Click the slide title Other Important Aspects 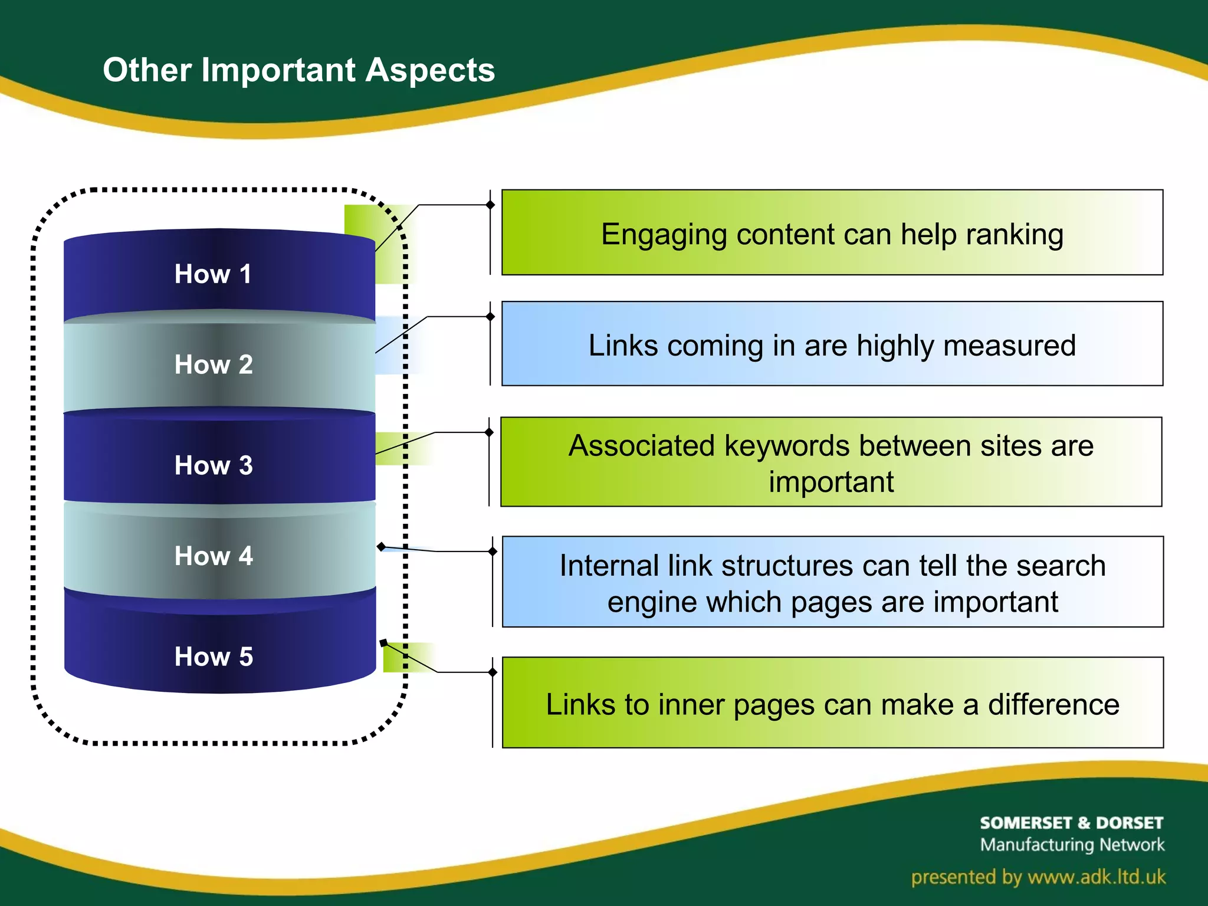pos(298,70)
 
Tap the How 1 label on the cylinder pos(213,274)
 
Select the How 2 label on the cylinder pos(214,365)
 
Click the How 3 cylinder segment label pos(214,465)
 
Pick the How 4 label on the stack pos(214,556)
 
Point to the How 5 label pos(214,656)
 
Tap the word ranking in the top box pos(1014,235)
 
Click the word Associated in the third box pos(642,445)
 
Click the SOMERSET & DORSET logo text pos(1071,823)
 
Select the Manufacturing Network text pos(1072,845)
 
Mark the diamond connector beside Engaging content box pos(490,205)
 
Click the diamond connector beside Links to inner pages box pos(493,672)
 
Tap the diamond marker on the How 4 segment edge pos(382,547)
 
